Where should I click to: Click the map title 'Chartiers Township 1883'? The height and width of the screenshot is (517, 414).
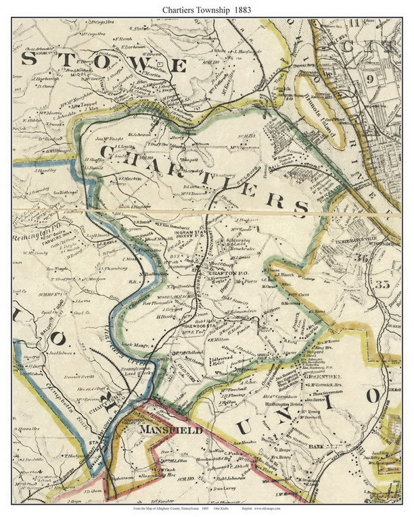coord(206,9)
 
